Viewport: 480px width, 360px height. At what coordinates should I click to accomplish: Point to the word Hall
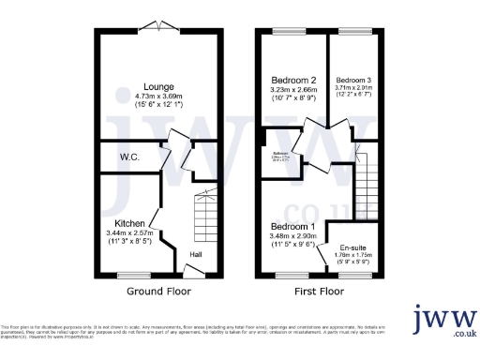click(x=196, y=253)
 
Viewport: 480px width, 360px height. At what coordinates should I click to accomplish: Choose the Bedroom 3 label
click(x=354, y=82)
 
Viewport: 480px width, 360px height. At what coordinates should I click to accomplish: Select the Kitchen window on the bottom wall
click(x=134, y=276)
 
